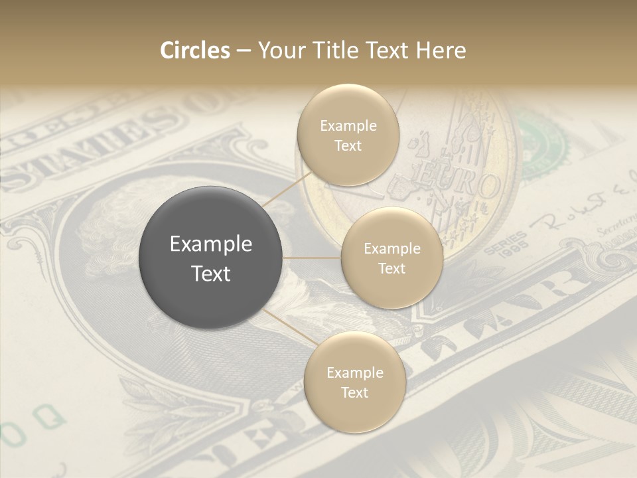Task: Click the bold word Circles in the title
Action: (195, 50)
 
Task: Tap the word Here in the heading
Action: (441, 50)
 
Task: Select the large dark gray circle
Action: (210, 258)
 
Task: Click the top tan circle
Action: (348, 135)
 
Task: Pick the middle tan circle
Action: (391, 258)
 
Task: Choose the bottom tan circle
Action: (354, 382)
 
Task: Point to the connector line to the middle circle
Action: (311, 258)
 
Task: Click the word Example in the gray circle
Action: (210, 244)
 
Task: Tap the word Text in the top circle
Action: (348, 145)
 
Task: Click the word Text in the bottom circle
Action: (354, 392)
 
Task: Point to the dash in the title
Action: (244, 51)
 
